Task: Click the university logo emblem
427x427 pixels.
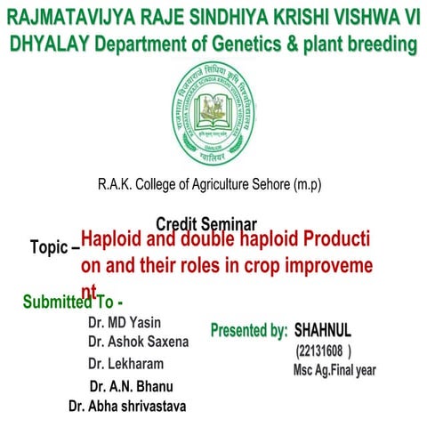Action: click(213, 115)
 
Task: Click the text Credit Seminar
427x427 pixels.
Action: click(205, 224)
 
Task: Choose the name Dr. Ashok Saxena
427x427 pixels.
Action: click(138, 341)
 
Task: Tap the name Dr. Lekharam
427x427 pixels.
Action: click(125, 363)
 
